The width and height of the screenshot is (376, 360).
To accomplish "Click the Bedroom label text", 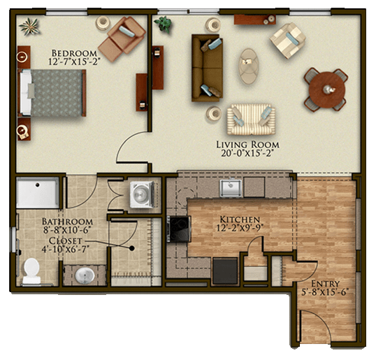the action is click(74, 53).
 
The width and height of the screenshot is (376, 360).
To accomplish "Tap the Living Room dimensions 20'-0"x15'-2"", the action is click(247, 153).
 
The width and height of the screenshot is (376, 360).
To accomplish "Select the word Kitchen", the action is click(240, 219).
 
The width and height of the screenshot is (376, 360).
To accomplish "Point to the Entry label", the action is click(326, 284).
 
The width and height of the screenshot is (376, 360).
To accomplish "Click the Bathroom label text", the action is click(67, 221).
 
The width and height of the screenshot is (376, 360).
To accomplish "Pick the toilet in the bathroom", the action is click(31, 272).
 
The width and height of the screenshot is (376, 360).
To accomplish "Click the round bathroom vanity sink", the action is click(85, 275).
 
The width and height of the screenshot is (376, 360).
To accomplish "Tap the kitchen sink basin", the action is click(231, 187).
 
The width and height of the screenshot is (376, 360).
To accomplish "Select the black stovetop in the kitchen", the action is click(178, 229).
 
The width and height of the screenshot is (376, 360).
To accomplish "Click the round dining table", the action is click(326, 89).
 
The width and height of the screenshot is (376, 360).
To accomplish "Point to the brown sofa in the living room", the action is click(207, 68).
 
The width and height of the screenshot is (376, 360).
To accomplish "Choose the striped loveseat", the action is click(251, 120).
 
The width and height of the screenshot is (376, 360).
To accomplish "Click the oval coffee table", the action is click(249, 66).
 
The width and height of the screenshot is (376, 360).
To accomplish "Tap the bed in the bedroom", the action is click(52, 93).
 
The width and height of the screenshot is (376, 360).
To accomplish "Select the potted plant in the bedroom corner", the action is click(29, 26).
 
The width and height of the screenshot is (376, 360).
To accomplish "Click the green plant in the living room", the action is click(164, 24).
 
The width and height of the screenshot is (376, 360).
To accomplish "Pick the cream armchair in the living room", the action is click(287, 41).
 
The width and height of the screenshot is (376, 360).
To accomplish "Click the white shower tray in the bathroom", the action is click(38, 193).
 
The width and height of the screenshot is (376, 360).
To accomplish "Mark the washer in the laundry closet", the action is click(142, 194).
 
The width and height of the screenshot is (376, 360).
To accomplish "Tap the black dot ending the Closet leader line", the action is click(131, 248).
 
